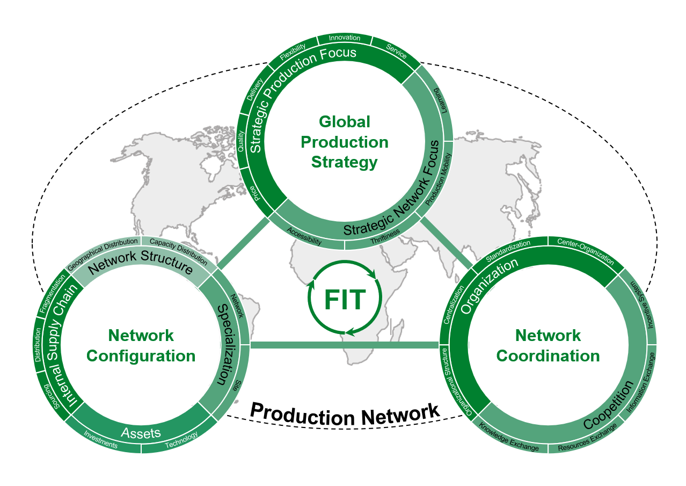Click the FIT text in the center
coord(345,300)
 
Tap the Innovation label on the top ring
coord(344,38)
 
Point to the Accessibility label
coord(304,236)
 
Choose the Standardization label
coord(508,251)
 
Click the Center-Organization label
coord(585,251)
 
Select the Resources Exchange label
coord(587,440)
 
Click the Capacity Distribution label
coord(178,251)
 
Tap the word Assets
coord(141,433)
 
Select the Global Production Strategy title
coord(345,142)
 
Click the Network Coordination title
coord(548,345)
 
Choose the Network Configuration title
coord(141,345)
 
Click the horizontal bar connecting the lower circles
coord(345,345)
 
